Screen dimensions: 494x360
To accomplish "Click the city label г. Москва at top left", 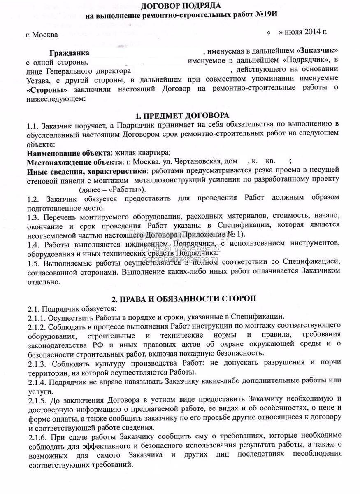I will point(42,35).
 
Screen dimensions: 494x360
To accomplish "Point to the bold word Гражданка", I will point(69,53).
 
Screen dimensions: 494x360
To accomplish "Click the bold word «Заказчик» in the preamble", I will point(319,51).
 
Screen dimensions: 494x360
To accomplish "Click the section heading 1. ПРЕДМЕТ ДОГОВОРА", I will point(182,115).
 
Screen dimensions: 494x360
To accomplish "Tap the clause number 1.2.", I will point(33,200).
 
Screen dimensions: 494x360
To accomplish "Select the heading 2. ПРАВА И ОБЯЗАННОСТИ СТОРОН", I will point(183,298).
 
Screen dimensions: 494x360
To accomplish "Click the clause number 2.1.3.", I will point(36,364).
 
